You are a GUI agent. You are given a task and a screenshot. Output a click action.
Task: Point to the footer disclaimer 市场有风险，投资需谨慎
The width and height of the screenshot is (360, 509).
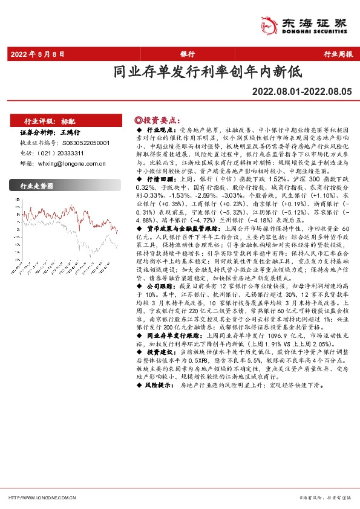326,498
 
